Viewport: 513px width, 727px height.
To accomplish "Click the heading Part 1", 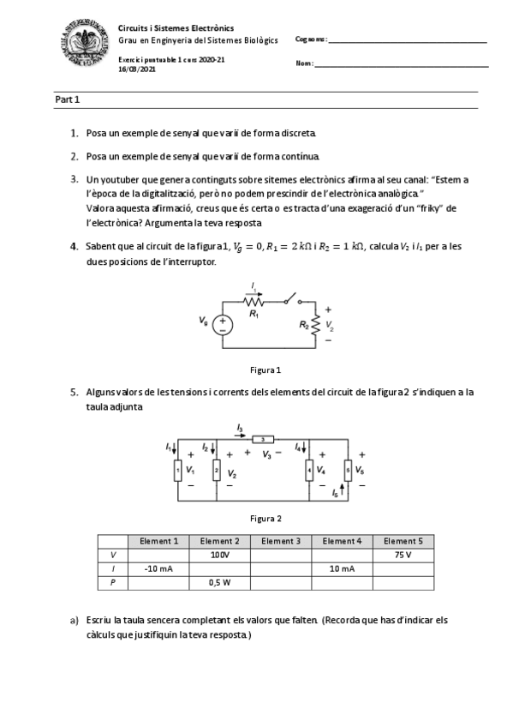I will (x=68, y=100).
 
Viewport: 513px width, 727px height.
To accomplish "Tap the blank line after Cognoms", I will (x=407, y=40).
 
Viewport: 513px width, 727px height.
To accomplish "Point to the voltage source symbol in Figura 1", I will (x=223, y=325).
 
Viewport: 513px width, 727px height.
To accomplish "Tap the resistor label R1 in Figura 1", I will (x=254, y=315).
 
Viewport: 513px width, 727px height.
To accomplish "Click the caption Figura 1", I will (x=265, y=370).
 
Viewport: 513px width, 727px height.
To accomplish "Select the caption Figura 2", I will (x=265, y=518).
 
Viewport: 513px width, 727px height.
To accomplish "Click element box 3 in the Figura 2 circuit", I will (x=263, y=439).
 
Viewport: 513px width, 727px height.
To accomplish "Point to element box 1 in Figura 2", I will (x=177, y=470).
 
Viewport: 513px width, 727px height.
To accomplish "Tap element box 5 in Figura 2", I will (x=348, y=470).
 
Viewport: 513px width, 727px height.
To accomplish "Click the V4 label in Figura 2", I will (x=321, y=471).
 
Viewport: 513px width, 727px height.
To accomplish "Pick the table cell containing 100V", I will (x=219, y=555).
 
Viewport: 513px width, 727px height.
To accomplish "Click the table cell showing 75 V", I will (x=403, y=555).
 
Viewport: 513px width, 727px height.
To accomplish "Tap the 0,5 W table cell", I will (x=219, y=582).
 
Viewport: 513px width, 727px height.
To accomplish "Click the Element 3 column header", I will (x=280, y=541).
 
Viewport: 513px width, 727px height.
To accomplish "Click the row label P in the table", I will (x=112, y=582).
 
